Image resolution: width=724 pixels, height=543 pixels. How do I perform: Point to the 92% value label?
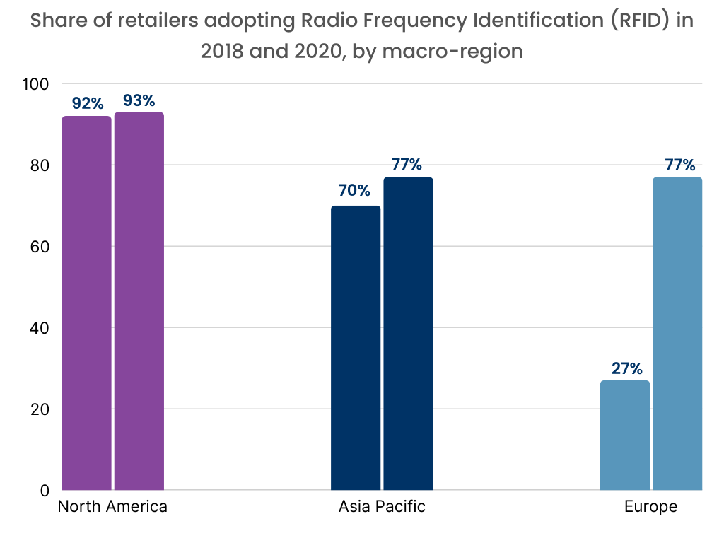(x=87, y=104)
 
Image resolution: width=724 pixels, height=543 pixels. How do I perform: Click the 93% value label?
(x=139, y=100)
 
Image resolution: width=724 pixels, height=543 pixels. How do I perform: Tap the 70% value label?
(x=355, y=191)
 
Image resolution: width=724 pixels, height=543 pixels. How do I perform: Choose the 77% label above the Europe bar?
(x=679, y=165)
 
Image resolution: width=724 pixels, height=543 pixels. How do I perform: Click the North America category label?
(x=112, y=507)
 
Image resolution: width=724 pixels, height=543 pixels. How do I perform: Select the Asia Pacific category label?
(x=382, y=507)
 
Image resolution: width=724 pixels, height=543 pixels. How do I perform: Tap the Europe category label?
(x=650, y=507)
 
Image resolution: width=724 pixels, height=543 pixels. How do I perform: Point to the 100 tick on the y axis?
(x=35, y=84)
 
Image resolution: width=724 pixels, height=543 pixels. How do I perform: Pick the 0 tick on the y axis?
(x=44, y=491)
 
